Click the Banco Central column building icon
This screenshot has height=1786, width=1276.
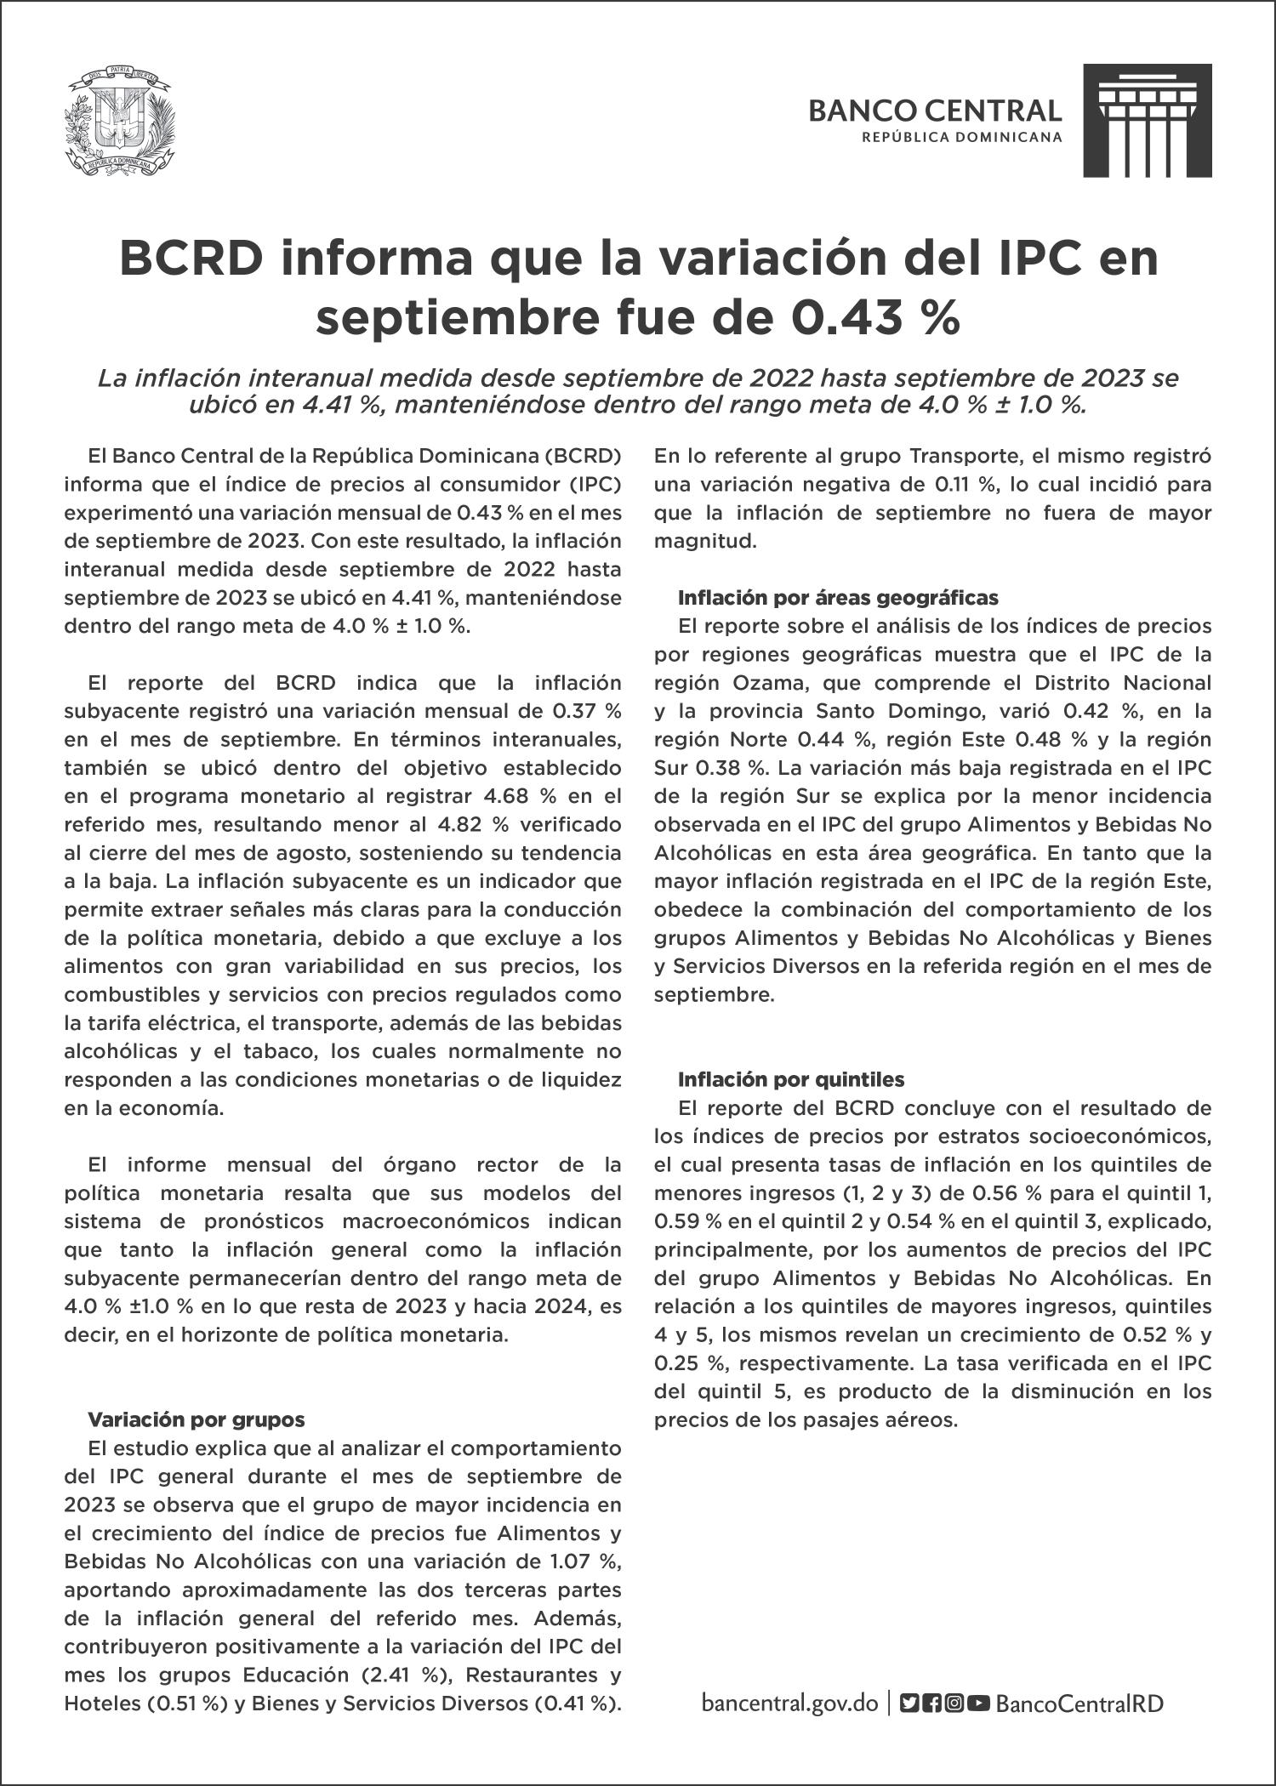1147,121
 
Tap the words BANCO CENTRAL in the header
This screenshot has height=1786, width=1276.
935,111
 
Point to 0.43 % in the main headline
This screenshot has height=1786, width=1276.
875,317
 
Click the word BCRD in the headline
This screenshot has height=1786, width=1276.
190,258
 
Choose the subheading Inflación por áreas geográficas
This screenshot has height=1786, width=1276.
838,598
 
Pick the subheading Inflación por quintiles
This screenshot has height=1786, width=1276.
790,1079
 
